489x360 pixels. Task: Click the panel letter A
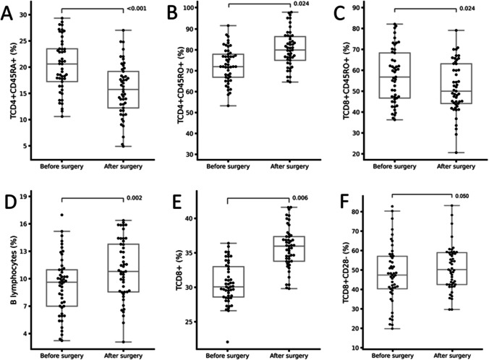[x=7, y=14]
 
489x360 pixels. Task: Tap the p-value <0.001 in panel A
[x=136, y=9]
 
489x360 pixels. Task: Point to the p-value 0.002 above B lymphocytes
[x=135, y=198]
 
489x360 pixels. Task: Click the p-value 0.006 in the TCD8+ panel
[x=300, y=198]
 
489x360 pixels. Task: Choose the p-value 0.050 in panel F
[x=462, y=196]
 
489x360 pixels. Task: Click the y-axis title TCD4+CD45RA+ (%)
[x=14, y=82]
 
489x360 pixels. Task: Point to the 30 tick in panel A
[x=23, y=14]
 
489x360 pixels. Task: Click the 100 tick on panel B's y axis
[x=188, y=8]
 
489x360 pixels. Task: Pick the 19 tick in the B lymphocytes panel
[x=23, y=197]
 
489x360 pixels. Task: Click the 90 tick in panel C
[x=356, y=7]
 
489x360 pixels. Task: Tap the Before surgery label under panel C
[x=394, y=166]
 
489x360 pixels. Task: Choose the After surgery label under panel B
[x=289, y=166]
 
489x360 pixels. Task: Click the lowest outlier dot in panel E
[x=227, y=342]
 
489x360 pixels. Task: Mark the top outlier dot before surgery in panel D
[x=61, y=215]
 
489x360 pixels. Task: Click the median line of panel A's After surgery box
[x=123, y=90]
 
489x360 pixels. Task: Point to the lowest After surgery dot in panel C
[x=456, y=153]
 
